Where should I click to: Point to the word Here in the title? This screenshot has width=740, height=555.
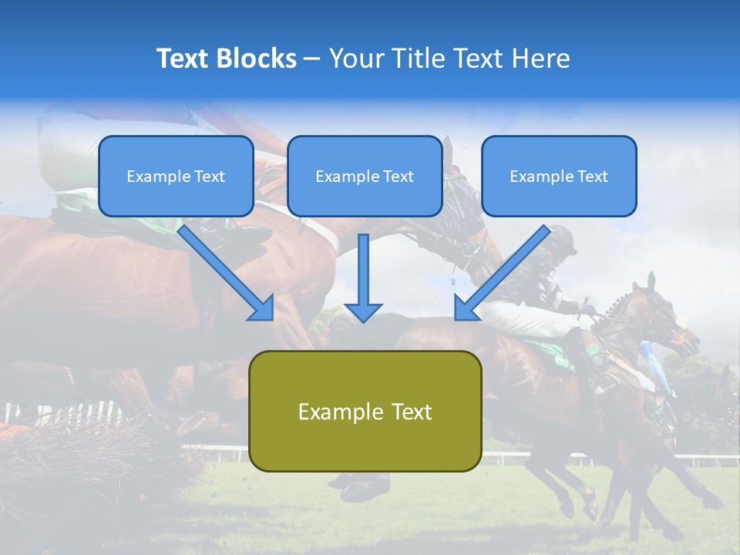(x=543, y=59)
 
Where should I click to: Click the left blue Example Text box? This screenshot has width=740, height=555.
(x=176, y=176)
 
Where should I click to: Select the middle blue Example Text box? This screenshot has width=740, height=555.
(x=365, y=176)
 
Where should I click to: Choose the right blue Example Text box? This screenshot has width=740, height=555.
(x=559, y=176)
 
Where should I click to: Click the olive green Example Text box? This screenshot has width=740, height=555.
(x=365, y=411)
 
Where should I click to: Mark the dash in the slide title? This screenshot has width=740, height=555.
(x=312, y=59)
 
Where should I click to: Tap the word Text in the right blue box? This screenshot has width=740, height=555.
(x=592, y=177)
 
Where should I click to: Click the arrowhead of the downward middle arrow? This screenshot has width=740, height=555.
(x=363, y=311)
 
